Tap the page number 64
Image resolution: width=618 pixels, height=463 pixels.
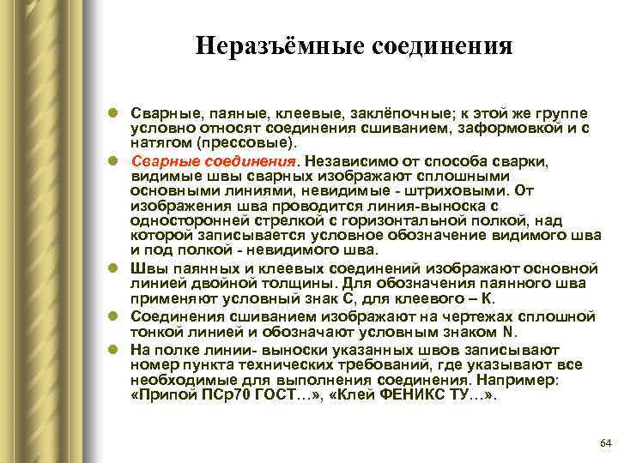pyautogui.click(x=603, y=442)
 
